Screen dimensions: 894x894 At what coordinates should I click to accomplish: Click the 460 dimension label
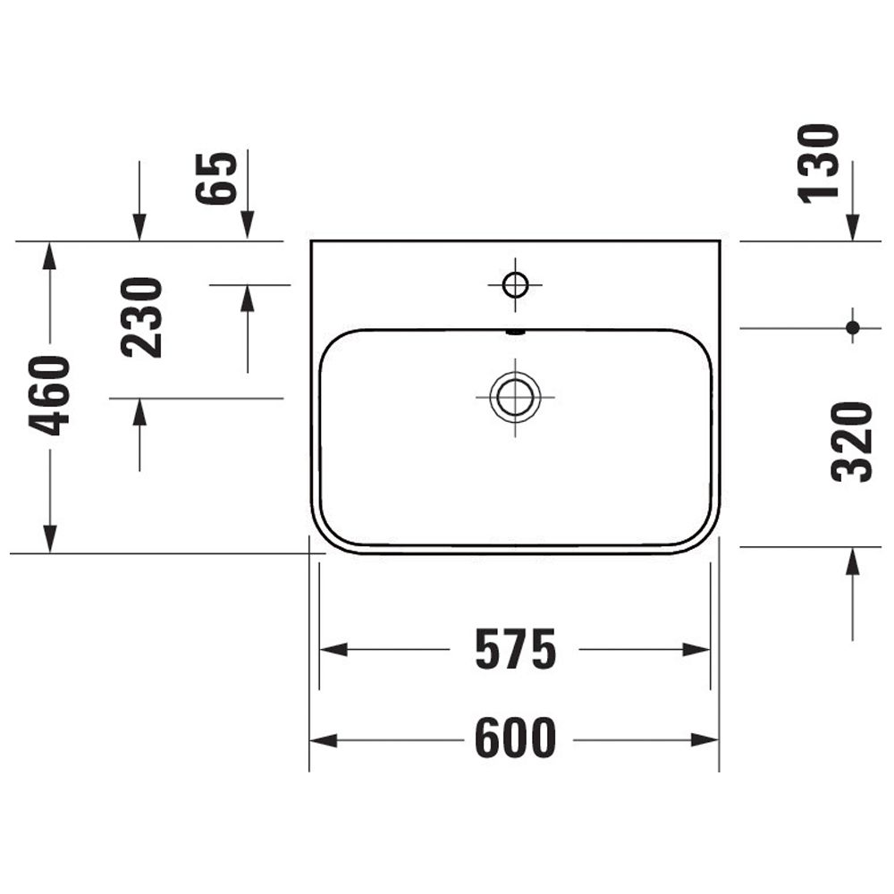pyautogui.click(x=49, y=396)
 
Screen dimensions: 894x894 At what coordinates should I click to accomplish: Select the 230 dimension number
pyautogui.click(x=142, y=317)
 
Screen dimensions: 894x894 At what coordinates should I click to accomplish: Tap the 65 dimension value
pyautogui.click(x=216, y=179)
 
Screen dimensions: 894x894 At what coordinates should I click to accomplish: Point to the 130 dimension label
pyautogui.click(x=818, y=164)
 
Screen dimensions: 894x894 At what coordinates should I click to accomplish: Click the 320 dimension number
pyautogui.click(x=852, y=442)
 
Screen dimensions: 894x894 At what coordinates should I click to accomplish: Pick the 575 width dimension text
pyautogui.click(x=516, y=649)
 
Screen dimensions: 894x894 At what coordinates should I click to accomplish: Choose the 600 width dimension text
pyautogui.click(x=516, y=738)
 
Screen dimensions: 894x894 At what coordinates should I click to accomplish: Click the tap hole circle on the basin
pyautogui.click(x=516, y=284)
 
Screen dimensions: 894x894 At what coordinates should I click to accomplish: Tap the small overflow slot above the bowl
pyautogui.click(x=516, y=332)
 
